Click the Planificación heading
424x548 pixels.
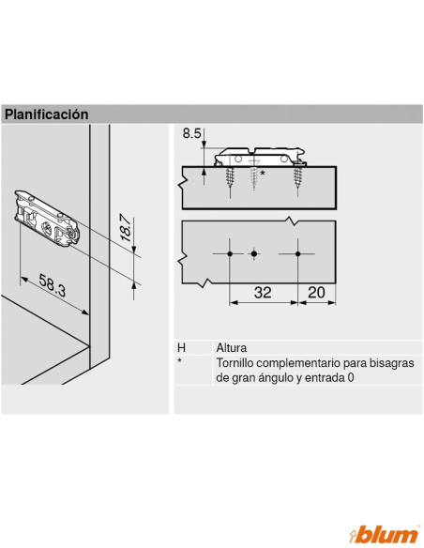[47, 114]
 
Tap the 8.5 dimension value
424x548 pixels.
[191, 133]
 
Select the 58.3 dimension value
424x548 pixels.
[52, 285]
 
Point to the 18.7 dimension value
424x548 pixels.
[126, 229]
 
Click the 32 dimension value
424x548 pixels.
[263, 292]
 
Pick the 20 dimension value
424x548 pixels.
[316, 292]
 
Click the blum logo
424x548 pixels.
[384, 535]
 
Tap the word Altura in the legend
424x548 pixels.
[231, 348]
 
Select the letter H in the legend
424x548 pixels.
[181, 348]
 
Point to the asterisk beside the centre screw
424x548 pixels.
[263, 173]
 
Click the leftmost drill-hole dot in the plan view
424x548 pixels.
[230, 253]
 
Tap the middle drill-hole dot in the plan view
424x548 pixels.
[254, 253]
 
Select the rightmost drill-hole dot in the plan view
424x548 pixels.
[297, 253]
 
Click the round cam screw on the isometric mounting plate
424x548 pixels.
[46, 229]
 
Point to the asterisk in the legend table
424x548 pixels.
[179, 360]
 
